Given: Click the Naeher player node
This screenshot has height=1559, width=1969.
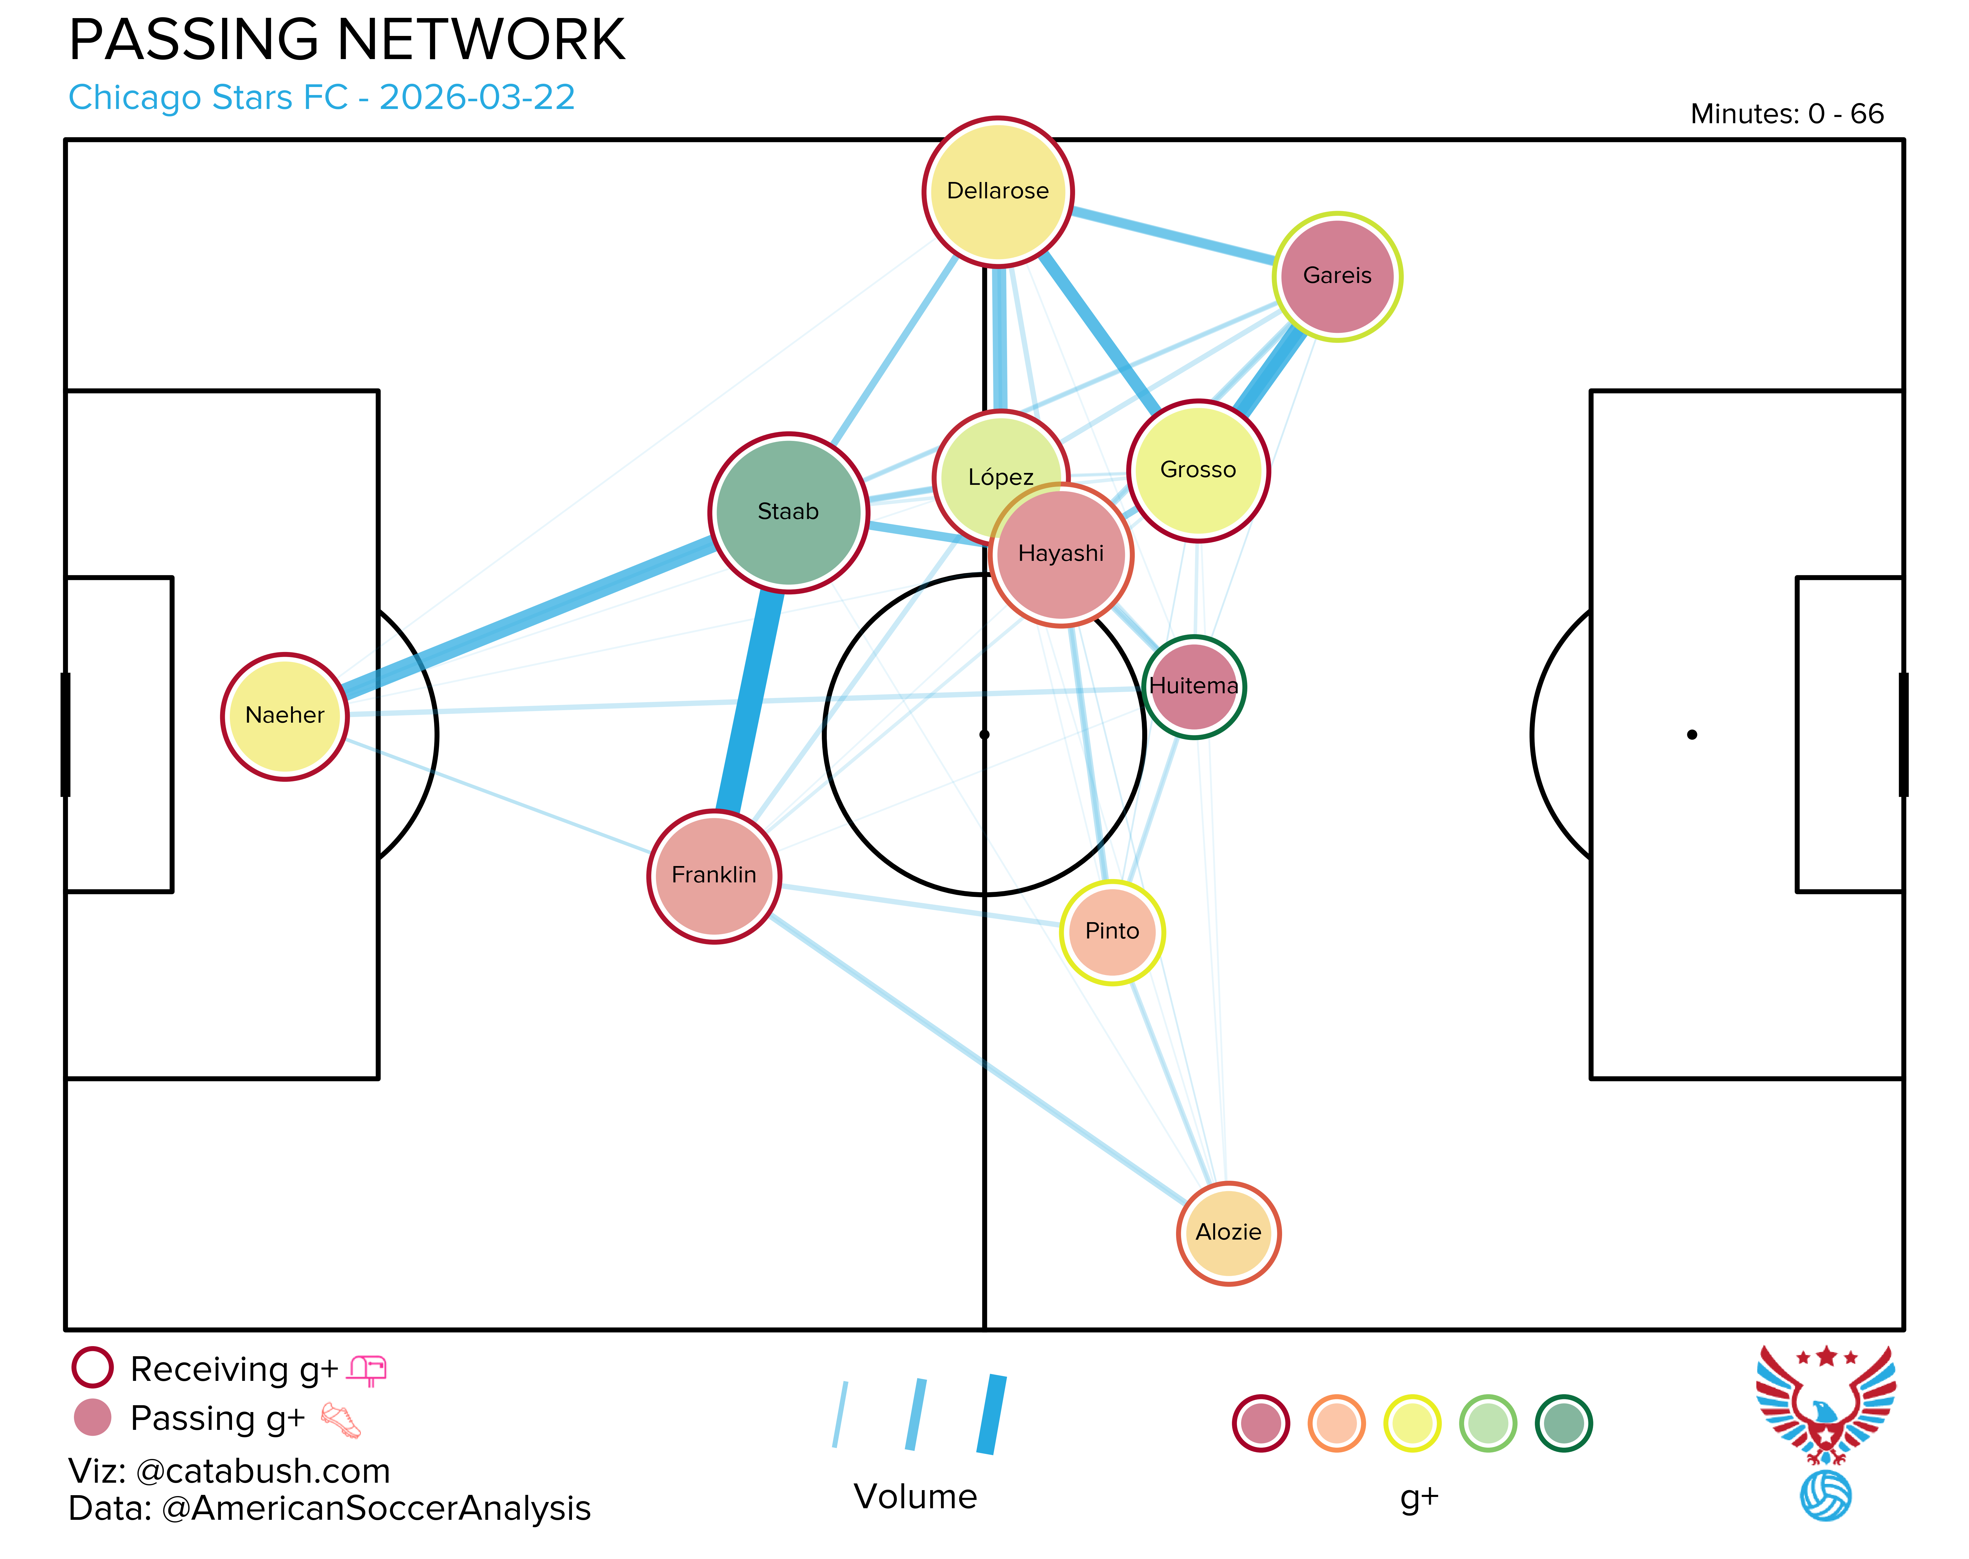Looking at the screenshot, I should tap(285, 716).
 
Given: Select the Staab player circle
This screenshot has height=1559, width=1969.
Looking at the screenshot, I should tap(789, 512).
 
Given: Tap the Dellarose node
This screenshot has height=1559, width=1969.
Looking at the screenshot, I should tap(998, 192).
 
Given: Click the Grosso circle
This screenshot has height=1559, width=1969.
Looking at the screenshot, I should tap(1198, 470).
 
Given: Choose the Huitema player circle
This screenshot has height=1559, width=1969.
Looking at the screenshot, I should tap(1194, 686).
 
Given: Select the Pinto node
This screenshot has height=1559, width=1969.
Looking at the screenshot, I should tap(1112, 932).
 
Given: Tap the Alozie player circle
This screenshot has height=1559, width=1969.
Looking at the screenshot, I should tap(1229, 1233).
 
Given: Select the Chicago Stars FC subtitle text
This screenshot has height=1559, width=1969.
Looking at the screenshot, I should tap(321, 98).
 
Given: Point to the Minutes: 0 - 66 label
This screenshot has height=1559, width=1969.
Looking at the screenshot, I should tap(1786, 114).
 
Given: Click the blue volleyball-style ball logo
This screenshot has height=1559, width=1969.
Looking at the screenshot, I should tap(1826, 1495).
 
